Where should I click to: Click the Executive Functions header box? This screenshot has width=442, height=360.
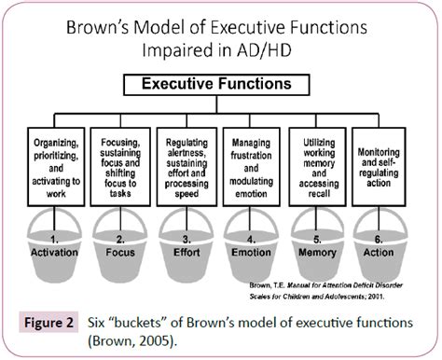221,85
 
